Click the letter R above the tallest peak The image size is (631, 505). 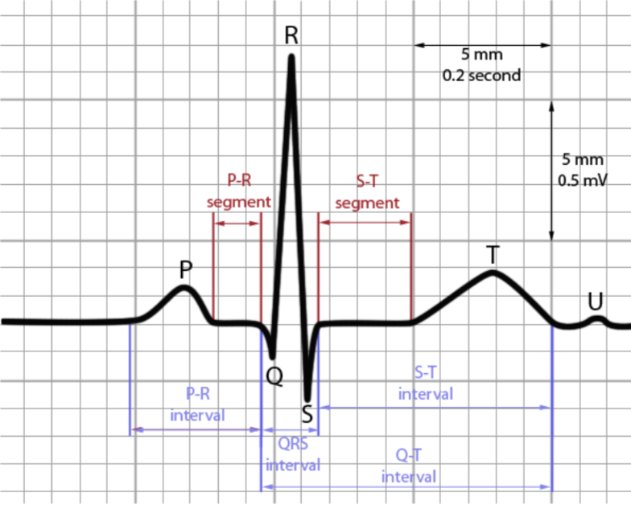coord(291,35)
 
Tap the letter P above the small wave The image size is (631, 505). coord(186,269)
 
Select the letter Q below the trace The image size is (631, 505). coord(274,376)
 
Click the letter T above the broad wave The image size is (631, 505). coord(493,254)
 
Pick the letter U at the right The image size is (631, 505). coord(595,302)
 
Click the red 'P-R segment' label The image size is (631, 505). coord(238,191)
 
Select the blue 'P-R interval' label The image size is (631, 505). coord(197,404)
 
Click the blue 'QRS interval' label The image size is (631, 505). coord(293,455)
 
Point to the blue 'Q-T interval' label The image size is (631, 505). coord(409,466)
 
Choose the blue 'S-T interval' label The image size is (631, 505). coord(425,384)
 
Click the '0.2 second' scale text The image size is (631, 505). coord(481,76)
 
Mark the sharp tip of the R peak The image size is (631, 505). coord(291,58)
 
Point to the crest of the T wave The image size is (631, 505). coord(493,273)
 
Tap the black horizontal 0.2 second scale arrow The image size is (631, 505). coord(483,45)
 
